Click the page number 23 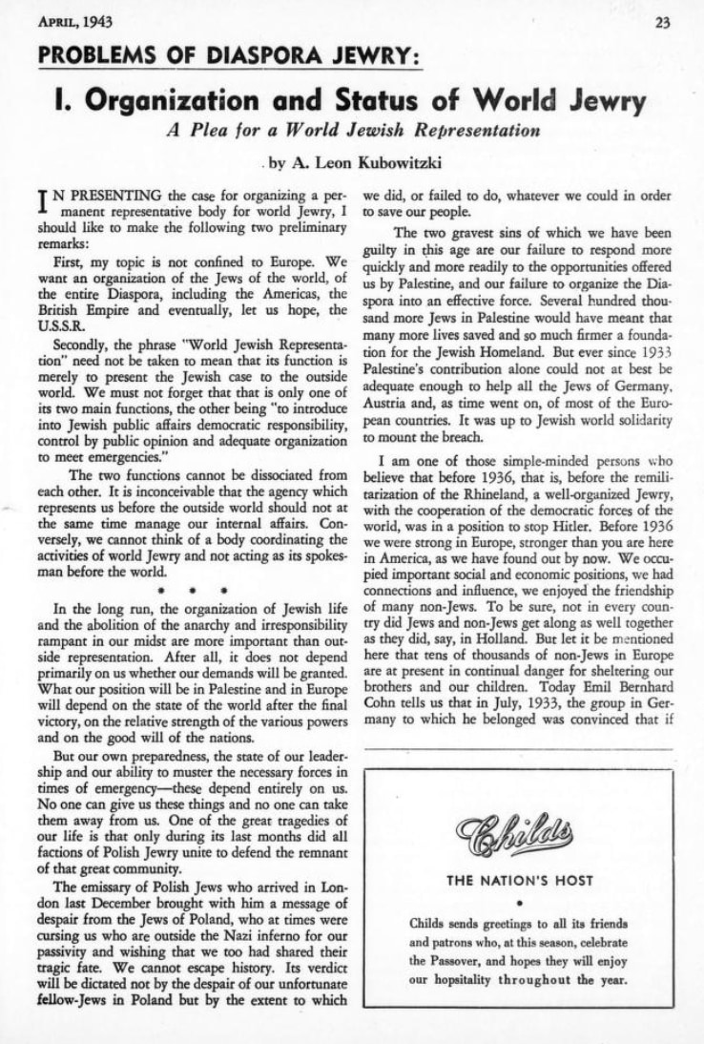point(686,23)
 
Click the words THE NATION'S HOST point(520,881)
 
